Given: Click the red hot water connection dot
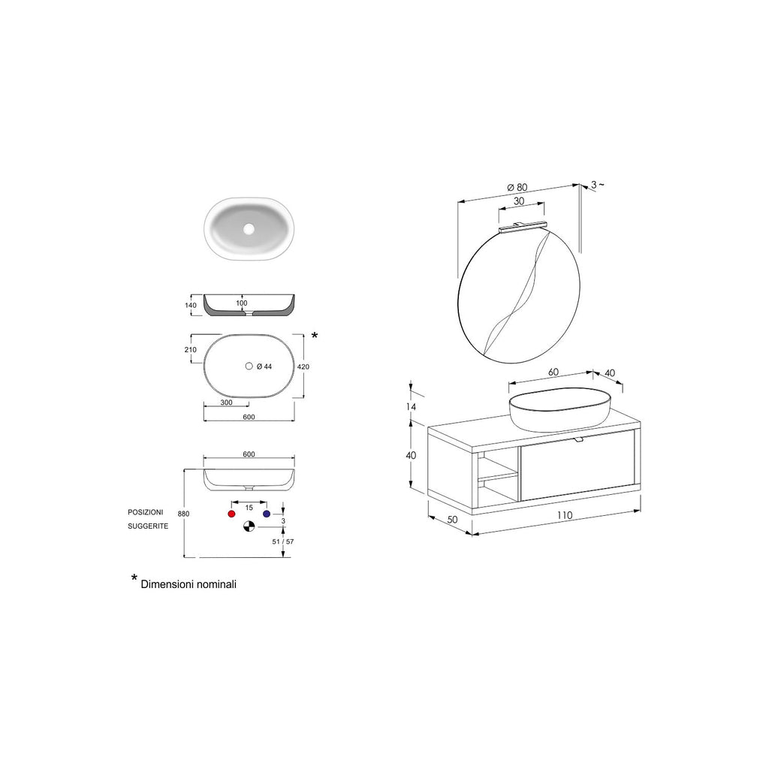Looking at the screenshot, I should pyautogui.click(x=231, y=513).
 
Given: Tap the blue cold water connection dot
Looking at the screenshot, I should pyautogui.click(x=266, y=513).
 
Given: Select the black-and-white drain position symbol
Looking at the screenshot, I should pyautogui.click(x=249, y=526).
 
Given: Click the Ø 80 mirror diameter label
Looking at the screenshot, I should pyautogui.click(x=517, y=187).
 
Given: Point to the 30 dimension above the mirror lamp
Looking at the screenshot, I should pyautogui.click(x=519, y=201).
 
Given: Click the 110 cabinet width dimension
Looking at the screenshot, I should pyautogui.click(x=565, y=515).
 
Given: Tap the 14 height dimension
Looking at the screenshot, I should pyautogui.click(x=411, y=406).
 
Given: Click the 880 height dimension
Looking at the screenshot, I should pyautogui.click(x=183, y=514).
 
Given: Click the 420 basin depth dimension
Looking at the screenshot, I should pyautogui.click(x=303, y=367).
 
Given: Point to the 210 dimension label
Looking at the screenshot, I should pyautogui.click(x=190, y=350).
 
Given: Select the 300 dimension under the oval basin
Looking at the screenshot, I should pyautogui.click(x=225, y=403).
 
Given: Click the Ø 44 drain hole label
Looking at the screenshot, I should pyautogui.click(x=264, y=366).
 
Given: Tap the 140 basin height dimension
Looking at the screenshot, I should pyautogui.click(x=190, y=306).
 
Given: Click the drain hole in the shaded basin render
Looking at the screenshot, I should pyautogui.click(x=249, y=228).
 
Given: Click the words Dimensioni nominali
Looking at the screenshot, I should pyautogui.click(x=188, y=584).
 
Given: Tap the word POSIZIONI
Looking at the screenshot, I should pyautogui.click(x=146, y=511).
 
